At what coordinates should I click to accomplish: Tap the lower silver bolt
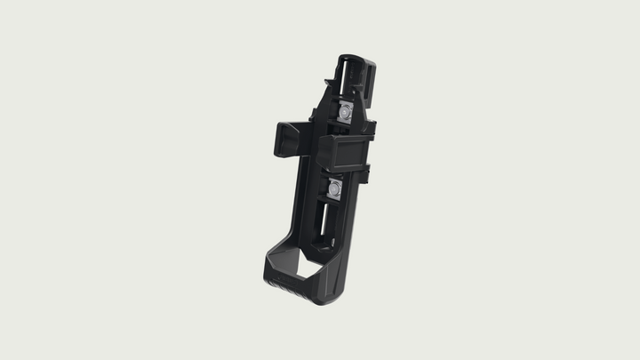pyautogui.click(x=334, y=188)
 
